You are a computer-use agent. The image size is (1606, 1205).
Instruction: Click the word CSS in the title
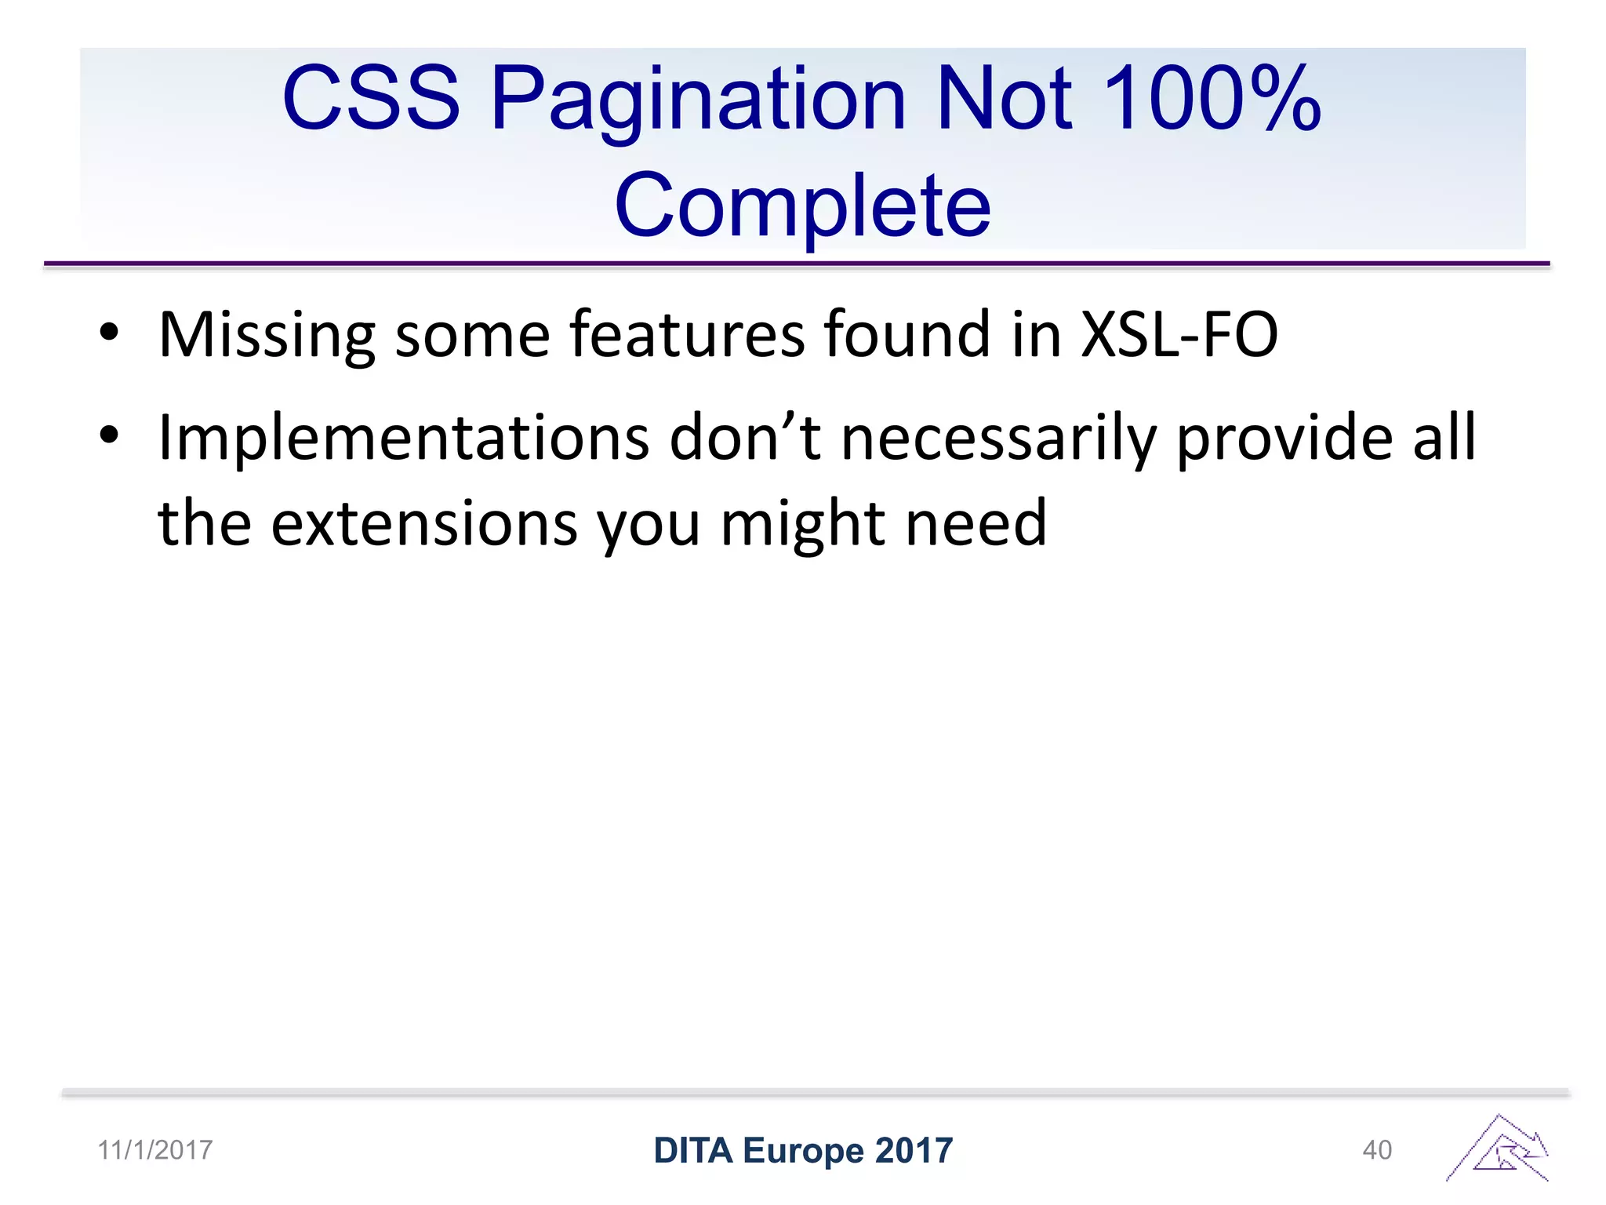pos(371,98)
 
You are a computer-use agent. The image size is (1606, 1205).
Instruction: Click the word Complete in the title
pos(802,206)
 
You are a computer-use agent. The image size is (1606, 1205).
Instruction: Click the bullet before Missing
pos(109,333)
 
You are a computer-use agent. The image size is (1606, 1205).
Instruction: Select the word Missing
pos(267,336)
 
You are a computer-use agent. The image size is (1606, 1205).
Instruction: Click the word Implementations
pos(403,438)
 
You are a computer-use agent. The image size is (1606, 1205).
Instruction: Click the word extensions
pos(424,523)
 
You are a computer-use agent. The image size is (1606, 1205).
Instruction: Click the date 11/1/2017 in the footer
pos(154,1150)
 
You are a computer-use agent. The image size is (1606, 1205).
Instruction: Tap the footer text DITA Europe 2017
pos(803,1150)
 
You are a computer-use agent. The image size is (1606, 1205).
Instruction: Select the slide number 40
pos(1377,1150)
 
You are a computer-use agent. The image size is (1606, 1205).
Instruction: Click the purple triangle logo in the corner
pos(1499,1150)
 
